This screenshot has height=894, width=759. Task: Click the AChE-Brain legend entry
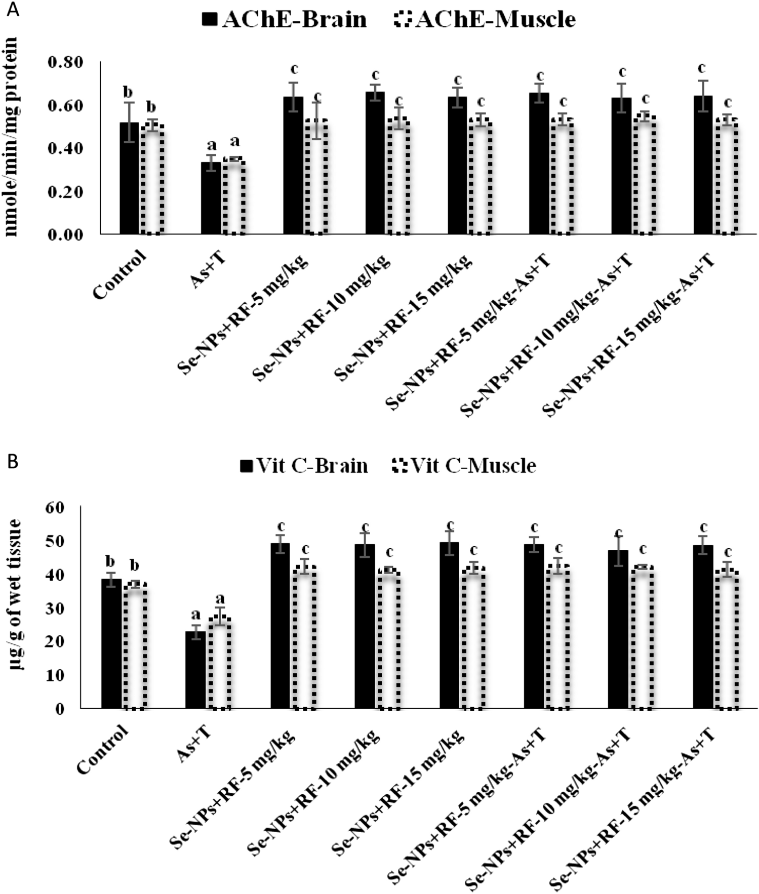(284, 20)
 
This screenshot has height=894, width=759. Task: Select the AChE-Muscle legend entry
(485, 20)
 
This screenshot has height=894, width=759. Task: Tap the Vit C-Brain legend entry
(304, 465)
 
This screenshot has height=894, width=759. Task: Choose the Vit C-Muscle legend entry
(464, 465)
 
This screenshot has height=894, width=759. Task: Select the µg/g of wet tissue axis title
(15, 595)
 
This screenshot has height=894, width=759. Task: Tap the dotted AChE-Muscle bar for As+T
(234, 197)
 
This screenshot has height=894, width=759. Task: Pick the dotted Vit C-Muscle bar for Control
(135, 645)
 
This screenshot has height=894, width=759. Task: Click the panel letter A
(12, 10)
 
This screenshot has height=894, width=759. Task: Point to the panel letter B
(12, 462)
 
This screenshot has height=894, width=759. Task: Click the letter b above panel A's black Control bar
(128, 92)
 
